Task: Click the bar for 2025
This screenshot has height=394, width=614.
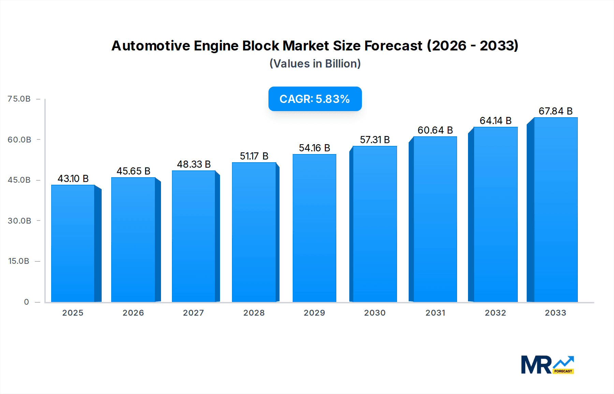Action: tap(73, 243)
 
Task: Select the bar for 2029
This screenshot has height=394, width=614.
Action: tap(314, 228)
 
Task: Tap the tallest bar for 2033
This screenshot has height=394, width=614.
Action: tap(555, 210)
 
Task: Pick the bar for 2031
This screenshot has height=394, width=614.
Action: tap(435, 219)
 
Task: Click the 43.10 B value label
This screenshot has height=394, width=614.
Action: tap(73, 179)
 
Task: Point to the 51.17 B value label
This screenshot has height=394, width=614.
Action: tap(254, 156)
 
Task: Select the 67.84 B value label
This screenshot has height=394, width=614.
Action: tap(555, 111)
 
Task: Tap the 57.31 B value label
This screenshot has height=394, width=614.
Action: tap(375, 140)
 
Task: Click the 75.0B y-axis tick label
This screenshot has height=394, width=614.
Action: tap(19, 99)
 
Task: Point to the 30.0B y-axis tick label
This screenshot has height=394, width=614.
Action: tap(19, 221)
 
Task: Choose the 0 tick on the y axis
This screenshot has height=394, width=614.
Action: tap(26, 302)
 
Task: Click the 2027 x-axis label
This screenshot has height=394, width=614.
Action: tap(193, 313)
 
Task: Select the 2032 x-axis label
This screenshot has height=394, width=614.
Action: tap(495, 313)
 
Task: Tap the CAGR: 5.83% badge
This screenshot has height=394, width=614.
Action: tap(315, 99)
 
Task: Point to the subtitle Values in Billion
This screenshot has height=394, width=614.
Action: tap(315, 64)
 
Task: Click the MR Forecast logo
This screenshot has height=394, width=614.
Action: tap(547, 365)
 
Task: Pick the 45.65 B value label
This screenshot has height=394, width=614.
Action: tap(133, 171)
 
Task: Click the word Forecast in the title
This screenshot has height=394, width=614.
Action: tap(393, 46)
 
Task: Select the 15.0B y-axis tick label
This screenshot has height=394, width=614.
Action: tap(19, 261)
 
